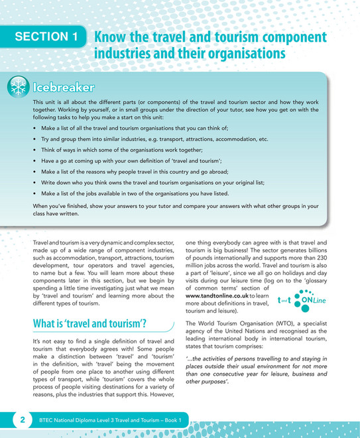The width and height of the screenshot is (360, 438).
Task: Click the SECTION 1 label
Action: pyautogui.click(x=47, y=38)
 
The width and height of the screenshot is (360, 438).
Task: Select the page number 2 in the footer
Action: pyautogui.click(x=23, y=419)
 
